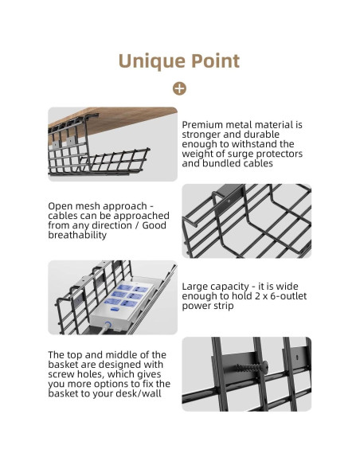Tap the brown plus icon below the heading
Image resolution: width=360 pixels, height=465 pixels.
point(179,88)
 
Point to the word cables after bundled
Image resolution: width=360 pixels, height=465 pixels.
point(256,163)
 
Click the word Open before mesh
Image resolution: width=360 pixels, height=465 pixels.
point(59,206)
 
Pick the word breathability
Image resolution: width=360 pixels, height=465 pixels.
point(77,235)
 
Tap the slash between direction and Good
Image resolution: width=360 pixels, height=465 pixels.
point(136,225)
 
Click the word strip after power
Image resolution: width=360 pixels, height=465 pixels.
point(222,306)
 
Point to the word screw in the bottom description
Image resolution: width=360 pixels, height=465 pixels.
point(61,374)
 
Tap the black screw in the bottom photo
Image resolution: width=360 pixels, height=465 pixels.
point(252,367)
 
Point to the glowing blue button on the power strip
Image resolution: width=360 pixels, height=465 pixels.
point(108,325)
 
